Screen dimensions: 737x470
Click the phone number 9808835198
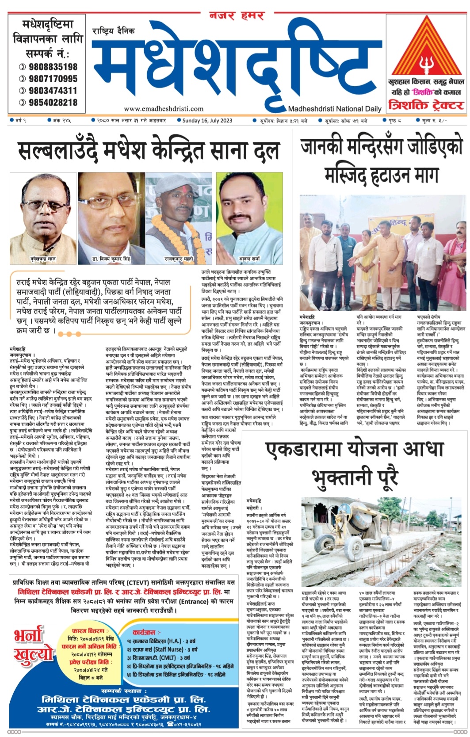[53, 67]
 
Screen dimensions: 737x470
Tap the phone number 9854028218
[53, 103]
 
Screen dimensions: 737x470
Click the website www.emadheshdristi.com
[164, 108]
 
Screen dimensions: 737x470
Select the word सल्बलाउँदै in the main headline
[59, 152]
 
